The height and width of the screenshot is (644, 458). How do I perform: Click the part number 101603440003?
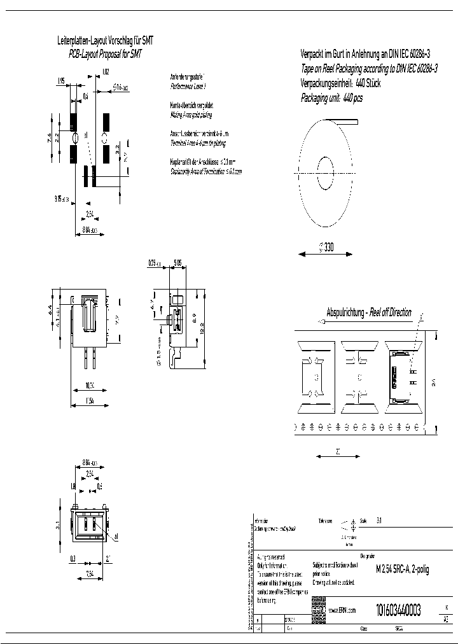point(398,610)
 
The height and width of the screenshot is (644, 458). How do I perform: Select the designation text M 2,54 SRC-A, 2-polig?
point(402,570)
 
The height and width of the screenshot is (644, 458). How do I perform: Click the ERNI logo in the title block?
point(318,610)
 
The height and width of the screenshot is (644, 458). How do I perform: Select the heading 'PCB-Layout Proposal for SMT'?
point(105,55)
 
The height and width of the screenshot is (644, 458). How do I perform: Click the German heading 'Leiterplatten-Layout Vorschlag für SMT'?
point(105,41)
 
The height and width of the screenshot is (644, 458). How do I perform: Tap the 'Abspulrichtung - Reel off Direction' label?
point(369,312)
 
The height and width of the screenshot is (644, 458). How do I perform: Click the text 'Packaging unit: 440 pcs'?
point(331,99)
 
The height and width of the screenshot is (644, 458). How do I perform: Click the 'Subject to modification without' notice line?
point(335,564)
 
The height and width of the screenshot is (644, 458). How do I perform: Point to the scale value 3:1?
point(380,520)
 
